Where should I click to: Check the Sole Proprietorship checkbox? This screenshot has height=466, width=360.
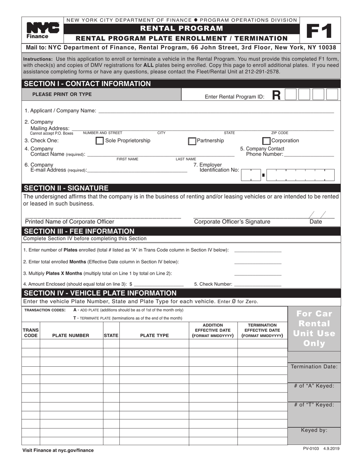coord(99,141)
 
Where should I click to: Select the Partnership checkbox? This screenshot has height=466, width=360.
coord(192,141)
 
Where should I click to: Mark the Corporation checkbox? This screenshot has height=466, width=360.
coord(266,141)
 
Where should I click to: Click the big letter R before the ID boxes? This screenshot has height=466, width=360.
coord(277,95)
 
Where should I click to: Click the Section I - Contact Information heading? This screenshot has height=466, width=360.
coord(87,84)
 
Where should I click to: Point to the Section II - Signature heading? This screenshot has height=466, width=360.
coord(66,188)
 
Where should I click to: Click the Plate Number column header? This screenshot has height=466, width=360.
coord(71,335)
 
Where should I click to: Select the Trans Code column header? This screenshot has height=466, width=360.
coord(31,333)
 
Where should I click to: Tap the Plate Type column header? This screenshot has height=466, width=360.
coord(154,335)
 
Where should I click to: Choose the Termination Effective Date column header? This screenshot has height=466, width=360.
coord(262,330)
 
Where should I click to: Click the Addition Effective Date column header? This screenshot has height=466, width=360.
coord(213,330)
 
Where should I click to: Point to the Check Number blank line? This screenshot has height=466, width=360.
coord(258,285)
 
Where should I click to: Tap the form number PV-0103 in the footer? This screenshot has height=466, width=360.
coord(311,449)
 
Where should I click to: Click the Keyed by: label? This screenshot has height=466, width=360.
coord(314,430)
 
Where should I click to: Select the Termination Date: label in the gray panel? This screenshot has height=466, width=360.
coord(314,367)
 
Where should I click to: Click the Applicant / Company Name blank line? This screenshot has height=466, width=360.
coord(216,111)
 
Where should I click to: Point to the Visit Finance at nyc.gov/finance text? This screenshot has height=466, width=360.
coord(58,450)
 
